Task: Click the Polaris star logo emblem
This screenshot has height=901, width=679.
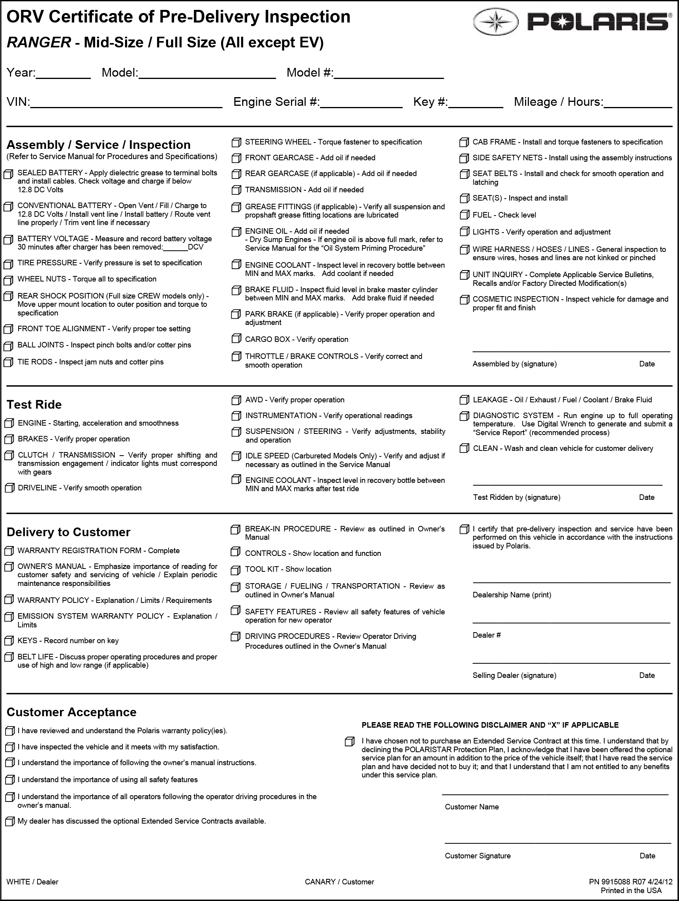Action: click(496, 21)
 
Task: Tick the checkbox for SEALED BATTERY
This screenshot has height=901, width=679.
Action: click(8, 174)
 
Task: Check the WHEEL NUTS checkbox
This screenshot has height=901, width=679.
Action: click(8, 280)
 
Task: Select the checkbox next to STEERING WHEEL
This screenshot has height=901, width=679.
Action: click(236, 143)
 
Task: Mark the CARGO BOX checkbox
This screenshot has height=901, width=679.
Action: click(236, 339)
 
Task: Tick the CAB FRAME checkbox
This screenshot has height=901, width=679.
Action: click(463, 143)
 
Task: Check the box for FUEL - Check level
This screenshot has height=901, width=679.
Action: click(463, 215)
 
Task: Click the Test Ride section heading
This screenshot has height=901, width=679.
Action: click(34, 404)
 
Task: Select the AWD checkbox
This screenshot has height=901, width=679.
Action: click(236, 400)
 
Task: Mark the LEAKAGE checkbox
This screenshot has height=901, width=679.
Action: click(464, 400)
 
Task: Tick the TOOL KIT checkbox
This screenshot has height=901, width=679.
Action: click(235, 570)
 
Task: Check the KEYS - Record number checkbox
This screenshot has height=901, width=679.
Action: click(8, 641)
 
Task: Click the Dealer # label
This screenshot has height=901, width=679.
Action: click(486, 635)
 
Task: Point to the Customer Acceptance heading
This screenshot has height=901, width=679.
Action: click(71, 712)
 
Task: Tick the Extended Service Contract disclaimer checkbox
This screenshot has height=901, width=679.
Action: click(349, 742)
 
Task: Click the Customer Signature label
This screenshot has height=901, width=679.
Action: click(477, 856)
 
